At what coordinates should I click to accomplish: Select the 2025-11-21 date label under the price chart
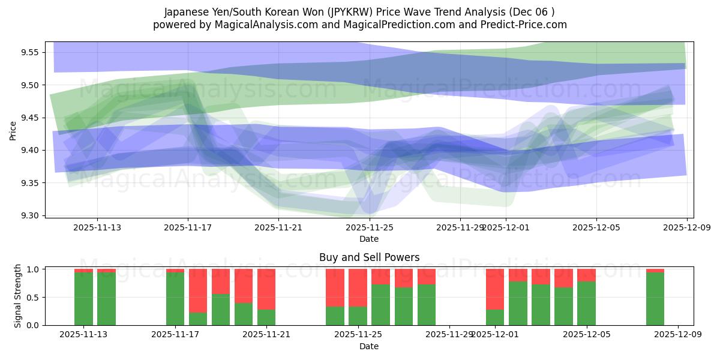(x=278, y=227)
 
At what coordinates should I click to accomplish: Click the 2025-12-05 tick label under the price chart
(x=596, y=227)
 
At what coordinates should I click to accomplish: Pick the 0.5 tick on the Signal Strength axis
(x=34, y=298)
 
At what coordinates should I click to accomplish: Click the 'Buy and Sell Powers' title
(x=369, y=257)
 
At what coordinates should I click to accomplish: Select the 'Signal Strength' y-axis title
(x=18, y=296)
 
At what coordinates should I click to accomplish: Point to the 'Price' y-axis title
(x=13, y=130)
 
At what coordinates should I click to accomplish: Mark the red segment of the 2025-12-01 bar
(x=495, y=289)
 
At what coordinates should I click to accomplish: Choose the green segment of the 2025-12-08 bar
(x=655, y=299)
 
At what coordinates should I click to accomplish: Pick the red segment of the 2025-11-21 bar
(x=266, y=289)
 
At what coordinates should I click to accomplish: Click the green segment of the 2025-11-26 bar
(x=404, y=306)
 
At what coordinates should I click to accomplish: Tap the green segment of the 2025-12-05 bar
(x=586, y=303)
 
